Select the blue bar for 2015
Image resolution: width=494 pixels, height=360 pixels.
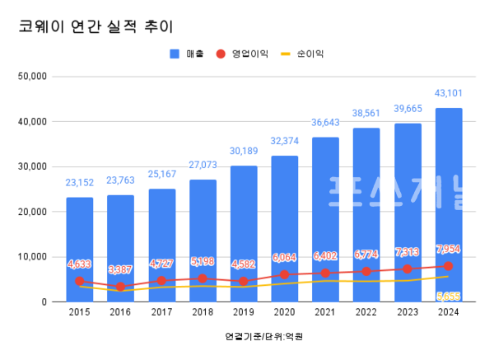click(x=80, y=247)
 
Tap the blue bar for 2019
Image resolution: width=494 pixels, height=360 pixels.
click(x=244, y=231)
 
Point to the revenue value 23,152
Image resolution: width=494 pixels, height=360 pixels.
click(x=80, y=183)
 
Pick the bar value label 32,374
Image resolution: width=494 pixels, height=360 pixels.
click(x=285, y=141)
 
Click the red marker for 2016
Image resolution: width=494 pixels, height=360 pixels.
click(x=121, y=287)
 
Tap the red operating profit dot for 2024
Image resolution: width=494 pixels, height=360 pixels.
click(x=449, y=266)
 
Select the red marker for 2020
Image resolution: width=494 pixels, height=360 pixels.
click(x=285, y=274)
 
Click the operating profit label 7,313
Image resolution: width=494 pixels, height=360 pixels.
click(x=408, y=251)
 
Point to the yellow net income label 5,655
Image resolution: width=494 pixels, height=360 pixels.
click(x=449, y=296)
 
